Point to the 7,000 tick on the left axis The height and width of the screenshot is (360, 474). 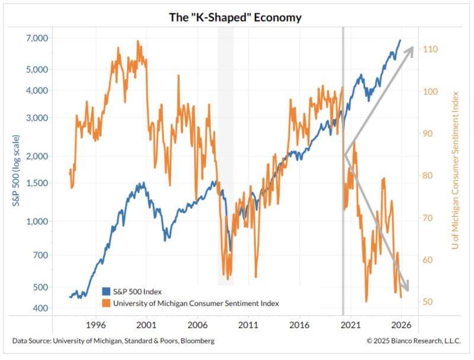(x=37, y=38)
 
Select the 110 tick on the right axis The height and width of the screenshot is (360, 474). (x=430, y=49)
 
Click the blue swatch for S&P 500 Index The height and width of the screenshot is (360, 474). (x=107, y=291)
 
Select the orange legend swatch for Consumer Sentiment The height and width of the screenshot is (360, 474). (x=107, y=302)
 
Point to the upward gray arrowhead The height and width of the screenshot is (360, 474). (x=408, y=52)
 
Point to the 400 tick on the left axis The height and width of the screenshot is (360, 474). (x=40, y=308)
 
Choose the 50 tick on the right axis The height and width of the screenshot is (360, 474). (x=428, y=302)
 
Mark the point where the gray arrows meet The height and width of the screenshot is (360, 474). (x=344, y=155)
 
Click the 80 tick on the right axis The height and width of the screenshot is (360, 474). (x=428, y=176)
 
